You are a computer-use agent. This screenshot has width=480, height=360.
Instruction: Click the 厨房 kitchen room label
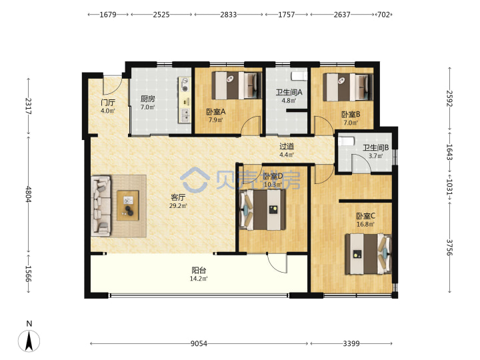tap(147, 99)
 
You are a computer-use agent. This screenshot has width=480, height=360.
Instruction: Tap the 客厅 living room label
tap(178, 197)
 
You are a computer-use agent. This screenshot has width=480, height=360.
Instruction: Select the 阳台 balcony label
tap(199, 270)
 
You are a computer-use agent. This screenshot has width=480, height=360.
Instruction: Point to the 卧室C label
tap(365, 216)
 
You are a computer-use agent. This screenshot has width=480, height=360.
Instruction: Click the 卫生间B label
tap(375, 148)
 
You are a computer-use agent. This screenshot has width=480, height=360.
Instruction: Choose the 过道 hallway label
tap(287, 147)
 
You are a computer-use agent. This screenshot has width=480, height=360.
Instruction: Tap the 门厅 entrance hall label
tap(108, 103)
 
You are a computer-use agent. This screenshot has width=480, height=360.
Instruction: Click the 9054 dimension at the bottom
tap(199, 344)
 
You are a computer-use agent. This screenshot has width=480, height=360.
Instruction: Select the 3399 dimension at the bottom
tap(351, 344)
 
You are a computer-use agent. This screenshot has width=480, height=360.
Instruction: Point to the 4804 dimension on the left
tap(29, 194)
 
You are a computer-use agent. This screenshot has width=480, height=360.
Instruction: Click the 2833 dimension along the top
tap(229, 15)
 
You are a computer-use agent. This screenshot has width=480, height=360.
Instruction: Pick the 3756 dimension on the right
tap(449, 247)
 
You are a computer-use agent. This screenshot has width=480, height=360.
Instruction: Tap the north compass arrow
tap(29, 341)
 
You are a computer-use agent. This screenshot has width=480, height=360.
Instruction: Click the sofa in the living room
tap(101, 206)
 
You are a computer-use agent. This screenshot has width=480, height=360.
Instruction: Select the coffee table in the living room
tap(128, 205)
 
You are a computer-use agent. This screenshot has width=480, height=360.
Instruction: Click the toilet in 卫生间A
tap(299, 75)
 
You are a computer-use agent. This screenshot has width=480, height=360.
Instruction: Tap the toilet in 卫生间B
tap(346, 141)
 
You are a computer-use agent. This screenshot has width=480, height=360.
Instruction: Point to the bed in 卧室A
tap(236, 85)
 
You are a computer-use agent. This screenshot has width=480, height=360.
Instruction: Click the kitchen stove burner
tap(185, 89)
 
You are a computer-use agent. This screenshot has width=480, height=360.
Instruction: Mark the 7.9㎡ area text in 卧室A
tap(216, 120)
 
